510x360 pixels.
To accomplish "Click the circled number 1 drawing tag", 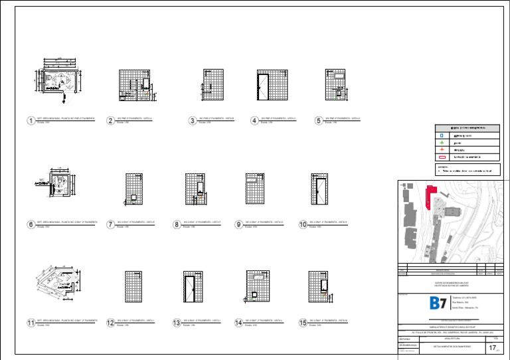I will tap(31, 121).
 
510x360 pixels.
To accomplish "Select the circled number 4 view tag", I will tap(254, 121).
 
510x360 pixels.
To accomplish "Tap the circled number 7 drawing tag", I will tap(111, 225).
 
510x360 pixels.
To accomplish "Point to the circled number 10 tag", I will tap(303, 225).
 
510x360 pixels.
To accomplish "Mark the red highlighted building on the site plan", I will tap(430, 197).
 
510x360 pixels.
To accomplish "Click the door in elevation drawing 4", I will tap(262, 90).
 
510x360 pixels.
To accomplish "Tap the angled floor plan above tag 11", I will tap(58, 286).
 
